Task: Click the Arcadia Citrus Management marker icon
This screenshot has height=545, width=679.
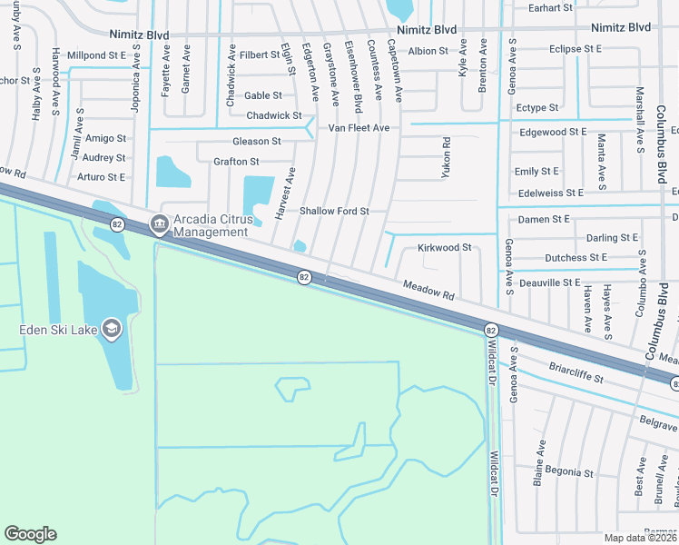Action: click(160, 222)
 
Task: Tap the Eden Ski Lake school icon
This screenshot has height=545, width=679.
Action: click(112, 328)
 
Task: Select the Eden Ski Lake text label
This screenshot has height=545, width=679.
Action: click(57, 329)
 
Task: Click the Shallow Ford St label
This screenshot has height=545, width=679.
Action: click(334, 211)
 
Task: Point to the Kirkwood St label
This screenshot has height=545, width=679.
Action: click(444, 247)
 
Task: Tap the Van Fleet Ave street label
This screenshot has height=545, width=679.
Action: click(359, 128)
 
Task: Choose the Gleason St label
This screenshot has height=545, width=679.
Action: click(256, 141)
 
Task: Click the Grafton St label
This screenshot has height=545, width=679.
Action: click(236, 162)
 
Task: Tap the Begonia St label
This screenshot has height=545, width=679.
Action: click(568, 472)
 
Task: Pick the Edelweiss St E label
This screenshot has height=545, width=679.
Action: click(548, 193)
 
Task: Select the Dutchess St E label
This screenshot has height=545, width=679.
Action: click(576, 258)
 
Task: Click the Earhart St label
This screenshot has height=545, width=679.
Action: click(551, 7)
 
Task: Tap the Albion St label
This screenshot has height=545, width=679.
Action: click(428, 51)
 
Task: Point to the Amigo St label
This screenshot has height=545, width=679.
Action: click(105, 138)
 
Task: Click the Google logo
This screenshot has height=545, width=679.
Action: click(30, 534)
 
